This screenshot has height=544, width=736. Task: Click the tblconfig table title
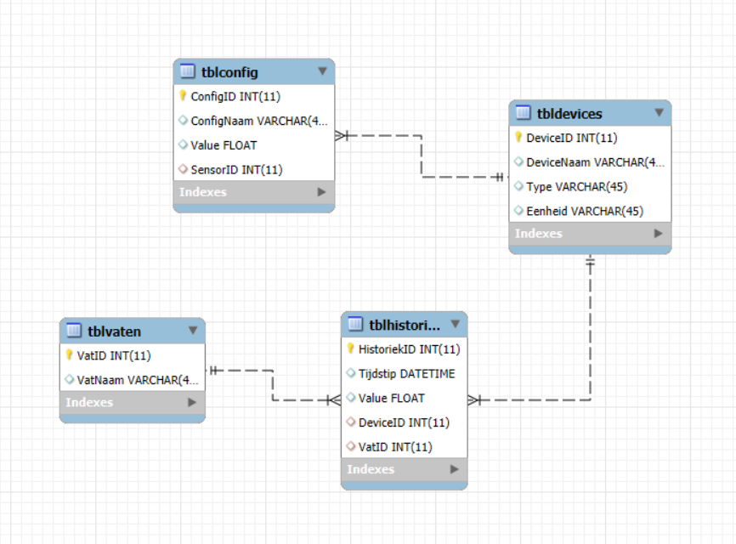pyautogui.click(x=229, y=72)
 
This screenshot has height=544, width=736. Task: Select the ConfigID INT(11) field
pyautogui.click(x=235, y=97)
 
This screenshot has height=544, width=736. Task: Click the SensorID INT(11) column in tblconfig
pyautogui.click(x=236, y=170)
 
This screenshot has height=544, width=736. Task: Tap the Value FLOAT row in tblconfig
pyautogui.click(x=224, y=145)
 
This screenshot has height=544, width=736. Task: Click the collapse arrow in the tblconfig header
pyautogui.click(x=322, y=71)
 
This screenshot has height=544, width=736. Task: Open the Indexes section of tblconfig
pyautogui.click(x=203, y=192)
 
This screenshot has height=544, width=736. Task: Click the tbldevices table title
pyautogui.click(x=569, y=114)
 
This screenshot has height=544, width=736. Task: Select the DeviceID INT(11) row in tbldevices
pyautogui.click(x=572, y=138)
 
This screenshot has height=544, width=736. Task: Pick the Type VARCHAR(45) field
pyautogui.click(x=577, y=187)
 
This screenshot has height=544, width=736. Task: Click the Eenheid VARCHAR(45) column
pyautogui.click(x=585, y=211)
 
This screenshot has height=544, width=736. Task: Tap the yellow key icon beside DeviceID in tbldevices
pyautogui.click(x=518, y=137)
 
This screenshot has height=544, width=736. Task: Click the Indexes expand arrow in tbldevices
pyautogui.click(x=659, y=233)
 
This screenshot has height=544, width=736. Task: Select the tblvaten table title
pyautogui.click(x=114, y=331)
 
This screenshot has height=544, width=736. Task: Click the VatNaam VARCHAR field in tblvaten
pyautogui.click(x=138, y=380)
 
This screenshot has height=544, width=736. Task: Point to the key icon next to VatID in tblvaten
pyautogui.click(x=69, y=354)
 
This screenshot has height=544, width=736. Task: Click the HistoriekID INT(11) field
pyautogui.click(x=410, y=349)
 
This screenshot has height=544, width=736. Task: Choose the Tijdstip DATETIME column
pyautogui.click(x=406, y=374)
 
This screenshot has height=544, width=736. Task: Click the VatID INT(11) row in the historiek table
pyautogui.click(x=395, y=447)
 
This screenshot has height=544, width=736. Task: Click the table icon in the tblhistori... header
pyautogui.click(x=355, y=324)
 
